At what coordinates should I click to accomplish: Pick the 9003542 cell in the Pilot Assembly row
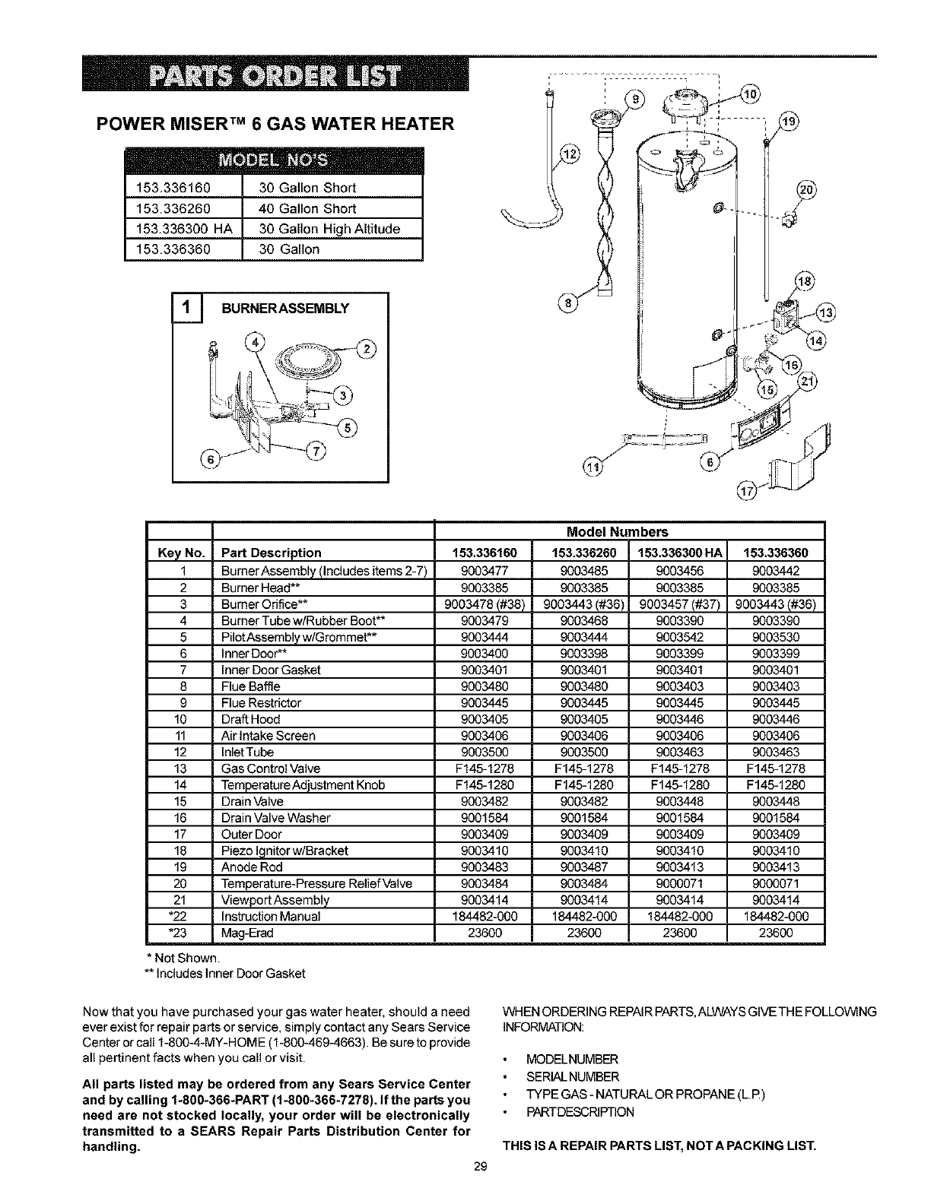678,637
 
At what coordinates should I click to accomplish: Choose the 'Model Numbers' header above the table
628,532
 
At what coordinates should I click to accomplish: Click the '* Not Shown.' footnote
176,956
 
